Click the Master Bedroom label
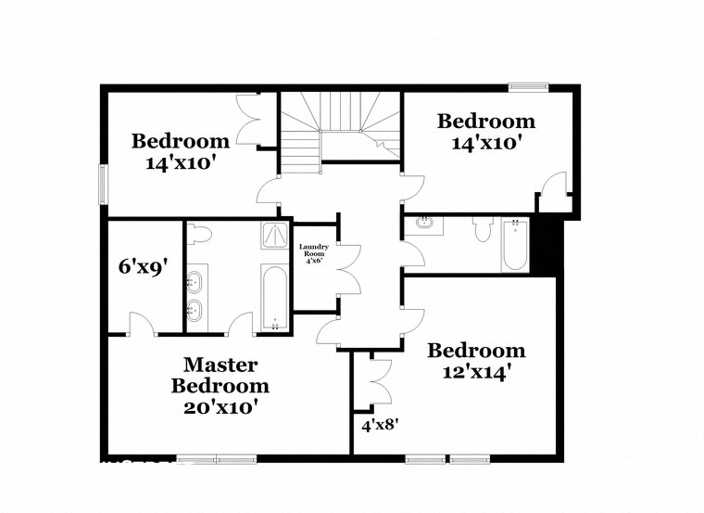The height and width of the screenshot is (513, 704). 220,374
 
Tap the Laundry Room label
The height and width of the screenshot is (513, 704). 312,252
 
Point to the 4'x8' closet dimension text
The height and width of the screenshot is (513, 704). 379,425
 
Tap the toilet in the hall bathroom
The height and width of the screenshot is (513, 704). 481,230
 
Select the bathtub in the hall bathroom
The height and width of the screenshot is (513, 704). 515,245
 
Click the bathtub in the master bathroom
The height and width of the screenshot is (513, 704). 274,297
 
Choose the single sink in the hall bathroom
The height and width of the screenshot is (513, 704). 425,224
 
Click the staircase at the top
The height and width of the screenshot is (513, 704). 341,130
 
